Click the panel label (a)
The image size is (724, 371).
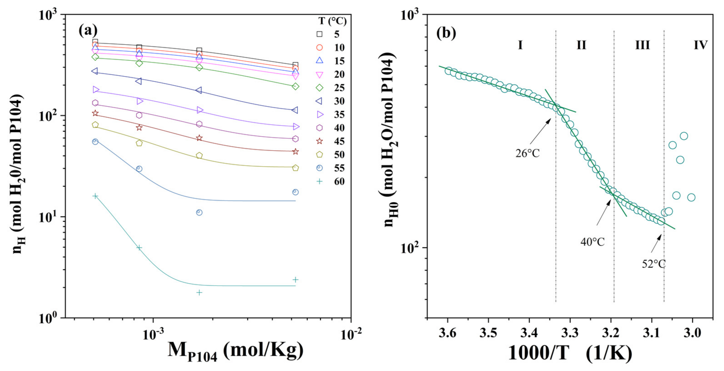[x=88, y=30]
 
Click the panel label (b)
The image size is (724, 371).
[x=446, y=33]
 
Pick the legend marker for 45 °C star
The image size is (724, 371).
[x=320, y=141]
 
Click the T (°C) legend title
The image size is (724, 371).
[x=332, y=21]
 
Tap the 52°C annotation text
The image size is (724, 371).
[x=654, y=264]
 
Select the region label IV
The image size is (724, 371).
[x=700, y=45]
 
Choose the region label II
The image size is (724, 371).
[x=581, y=45]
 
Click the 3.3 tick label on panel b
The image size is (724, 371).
[x=570, y=333]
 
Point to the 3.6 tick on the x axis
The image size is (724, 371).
[x=447, y=333]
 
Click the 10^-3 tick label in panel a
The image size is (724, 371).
[x=153, y=334]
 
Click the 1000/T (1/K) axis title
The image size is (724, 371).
[x=570, y=353]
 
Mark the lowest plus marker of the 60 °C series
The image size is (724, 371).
[x=199, y=293]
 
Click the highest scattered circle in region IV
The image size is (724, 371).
[x=684, y=136]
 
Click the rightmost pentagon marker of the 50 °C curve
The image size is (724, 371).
[x=295, y=168]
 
